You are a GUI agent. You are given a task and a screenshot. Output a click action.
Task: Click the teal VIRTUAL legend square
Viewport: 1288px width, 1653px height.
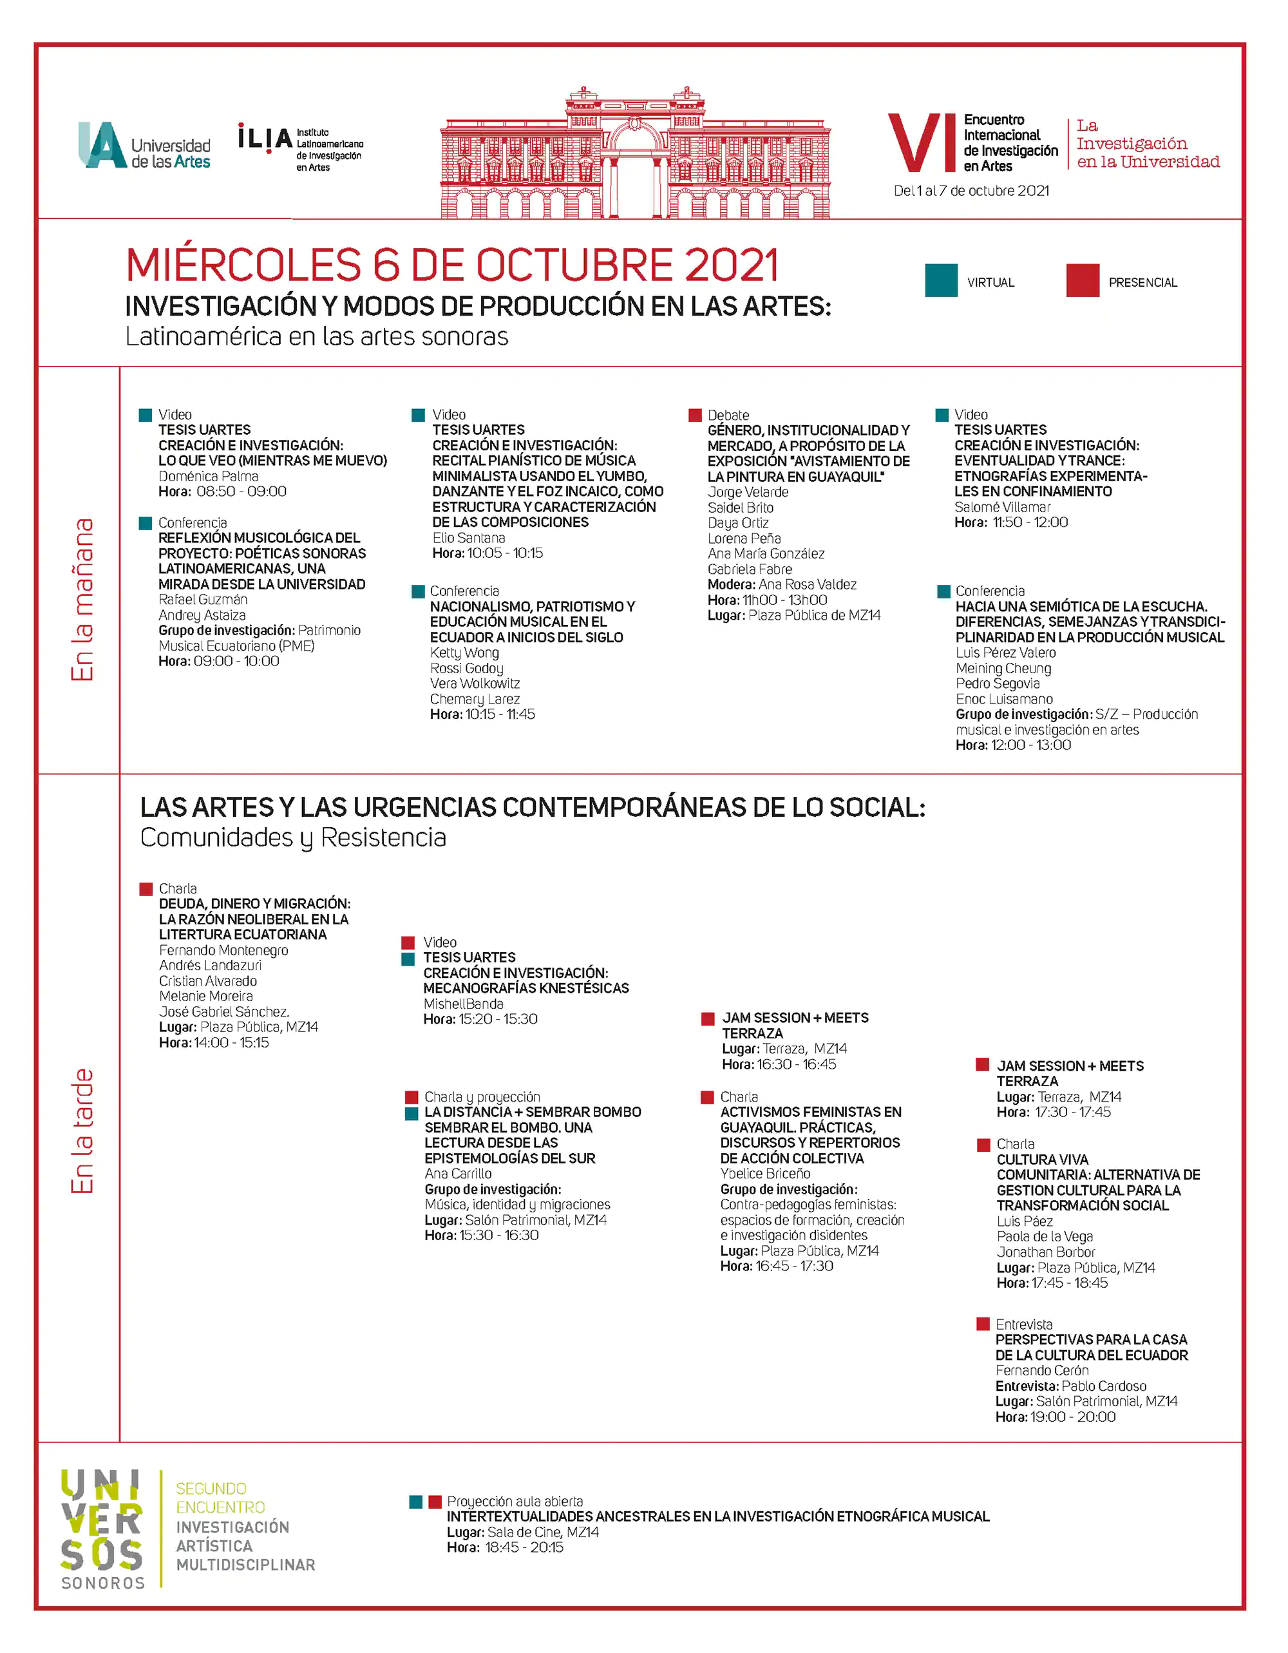tap(941, 281)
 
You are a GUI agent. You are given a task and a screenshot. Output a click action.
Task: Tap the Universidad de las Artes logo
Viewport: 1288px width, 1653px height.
tap(144, 146)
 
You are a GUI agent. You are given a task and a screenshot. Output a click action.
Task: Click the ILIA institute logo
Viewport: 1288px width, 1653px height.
tap(301, 147)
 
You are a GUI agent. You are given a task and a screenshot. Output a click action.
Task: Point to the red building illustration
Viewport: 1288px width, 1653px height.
tap(635, 155)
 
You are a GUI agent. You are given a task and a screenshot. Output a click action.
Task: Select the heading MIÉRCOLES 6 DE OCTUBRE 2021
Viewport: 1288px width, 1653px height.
tap(452, 265)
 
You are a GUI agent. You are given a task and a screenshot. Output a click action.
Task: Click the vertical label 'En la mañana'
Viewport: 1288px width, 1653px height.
tap(82, 600)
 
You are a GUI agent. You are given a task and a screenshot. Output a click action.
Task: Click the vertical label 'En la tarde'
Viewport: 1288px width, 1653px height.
tap(82, 1131)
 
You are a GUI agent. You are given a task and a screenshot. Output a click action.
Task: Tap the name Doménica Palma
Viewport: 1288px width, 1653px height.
tap(208, 476)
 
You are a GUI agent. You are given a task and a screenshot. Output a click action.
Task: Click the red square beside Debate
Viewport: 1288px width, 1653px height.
tap(695, 415)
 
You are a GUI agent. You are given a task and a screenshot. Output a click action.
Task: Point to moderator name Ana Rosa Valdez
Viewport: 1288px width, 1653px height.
tap(808, 584)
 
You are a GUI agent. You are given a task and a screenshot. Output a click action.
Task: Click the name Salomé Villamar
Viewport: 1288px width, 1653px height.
tap(1002, 506)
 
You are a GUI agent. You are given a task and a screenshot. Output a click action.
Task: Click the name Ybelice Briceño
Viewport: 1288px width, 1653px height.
tap(765, 1173)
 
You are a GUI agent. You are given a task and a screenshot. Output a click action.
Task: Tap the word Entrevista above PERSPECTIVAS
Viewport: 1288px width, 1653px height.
tap(1024, 1324)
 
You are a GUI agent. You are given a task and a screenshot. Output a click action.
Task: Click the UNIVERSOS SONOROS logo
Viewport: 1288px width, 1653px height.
tap(102, 1528)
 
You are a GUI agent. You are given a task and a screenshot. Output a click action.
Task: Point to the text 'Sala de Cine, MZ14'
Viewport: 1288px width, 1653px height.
tap(543, 1532)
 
